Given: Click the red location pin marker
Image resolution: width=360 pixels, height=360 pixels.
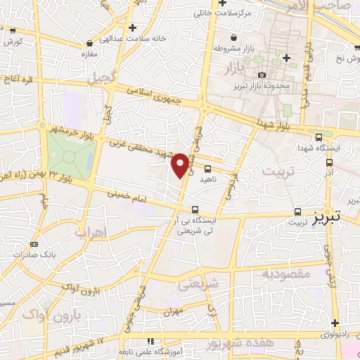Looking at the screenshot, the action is [x=181, y=165].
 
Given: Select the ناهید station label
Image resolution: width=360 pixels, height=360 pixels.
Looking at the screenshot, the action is [x=208, y=179].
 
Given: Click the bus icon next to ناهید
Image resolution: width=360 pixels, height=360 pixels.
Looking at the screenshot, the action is [x=208, y=168].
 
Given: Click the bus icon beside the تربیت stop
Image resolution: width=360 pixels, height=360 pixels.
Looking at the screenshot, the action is [x=297, y=211].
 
